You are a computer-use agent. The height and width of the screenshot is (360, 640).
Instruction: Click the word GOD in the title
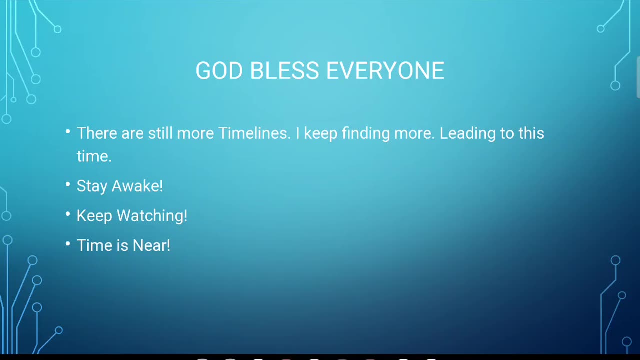(219, 70)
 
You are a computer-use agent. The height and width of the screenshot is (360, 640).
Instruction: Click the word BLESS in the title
(284, 70)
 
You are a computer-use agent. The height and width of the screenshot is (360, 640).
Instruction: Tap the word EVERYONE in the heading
(385, 70)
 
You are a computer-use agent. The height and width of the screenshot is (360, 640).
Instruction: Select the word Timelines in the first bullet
(254, 133)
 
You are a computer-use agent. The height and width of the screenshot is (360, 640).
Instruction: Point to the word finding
(366, 133)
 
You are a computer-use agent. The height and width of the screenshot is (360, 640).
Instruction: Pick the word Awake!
(137, 186)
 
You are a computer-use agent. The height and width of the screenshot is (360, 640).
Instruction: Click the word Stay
(92, 187)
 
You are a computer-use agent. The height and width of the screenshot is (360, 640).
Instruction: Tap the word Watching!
(152, 216)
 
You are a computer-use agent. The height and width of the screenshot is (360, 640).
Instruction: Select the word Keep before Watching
(94, 216)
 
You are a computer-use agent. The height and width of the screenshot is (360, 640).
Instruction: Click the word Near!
(151, 245)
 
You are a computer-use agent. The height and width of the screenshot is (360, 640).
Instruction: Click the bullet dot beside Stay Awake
(68, 184)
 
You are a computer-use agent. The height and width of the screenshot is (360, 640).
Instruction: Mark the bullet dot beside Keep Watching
(68, 214)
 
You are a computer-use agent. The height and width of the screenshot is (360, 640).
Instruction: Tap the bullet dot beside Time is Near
(68, 244)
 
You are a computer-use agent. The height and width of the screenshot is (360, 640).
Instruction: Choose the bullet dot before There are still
(68, 131)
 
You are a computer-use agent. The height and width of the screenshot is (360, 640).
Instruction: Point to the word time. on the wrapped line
(94, 156)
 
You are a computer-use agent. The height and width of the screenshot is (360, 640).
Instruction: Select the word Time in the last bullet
(95, 245)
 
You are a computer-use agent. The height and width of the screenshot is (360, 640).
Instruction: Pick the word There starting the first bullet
(97, 133)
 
